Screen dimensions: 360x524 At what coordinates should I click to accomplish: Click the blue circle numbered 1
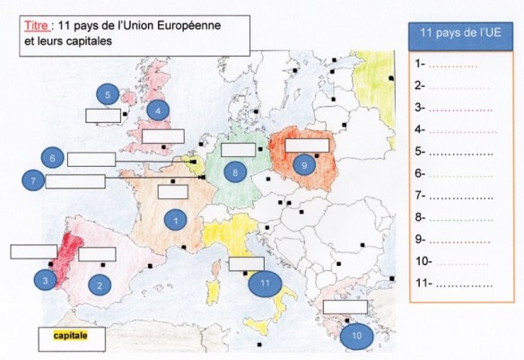175,217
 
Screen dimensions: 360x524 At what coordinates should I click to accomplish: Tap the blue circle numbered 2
100,285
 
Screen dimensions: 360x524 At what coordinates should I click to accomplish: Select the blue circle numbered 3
46,280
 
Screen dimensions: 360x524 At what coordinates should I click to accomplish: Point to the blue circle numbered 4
158,110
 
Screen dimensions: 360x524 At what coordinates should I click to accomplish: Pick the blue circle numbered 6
53,159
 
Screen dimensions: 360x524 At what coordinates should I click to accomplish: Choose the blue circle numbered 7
32,181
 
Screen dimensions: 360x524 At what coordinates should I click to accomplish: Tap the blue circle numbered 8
234,171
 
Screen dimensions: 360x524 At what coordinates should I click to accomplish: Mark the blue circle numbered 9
305,165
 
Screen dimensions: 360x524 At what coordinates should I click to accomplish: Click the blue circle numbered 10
357,335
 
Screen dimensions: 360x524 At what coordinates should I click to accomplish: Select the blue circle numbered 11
264,283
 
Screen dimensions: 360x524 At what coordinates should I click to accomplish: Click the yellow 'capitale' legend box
72,338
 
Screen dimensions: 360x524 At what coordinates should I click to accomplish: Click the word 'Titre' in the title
34,26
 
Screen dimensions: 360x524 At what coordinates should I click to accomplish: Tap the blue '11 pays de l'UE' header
459,35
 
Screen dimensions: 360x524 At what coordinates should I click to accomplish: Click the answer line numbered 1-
453,65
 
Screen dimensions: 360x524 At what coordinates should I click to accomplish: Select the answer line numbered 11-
453,284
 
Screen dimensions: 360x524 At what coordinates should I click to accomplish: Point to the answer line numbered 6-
453,174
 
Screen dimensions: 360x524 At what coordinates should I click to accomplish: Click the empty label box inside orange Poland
307,143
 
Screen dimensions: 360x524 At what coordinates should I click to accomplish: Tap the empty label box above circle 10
345,307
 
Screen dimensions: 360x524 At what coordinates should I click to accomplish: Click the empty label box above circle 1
172,191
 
